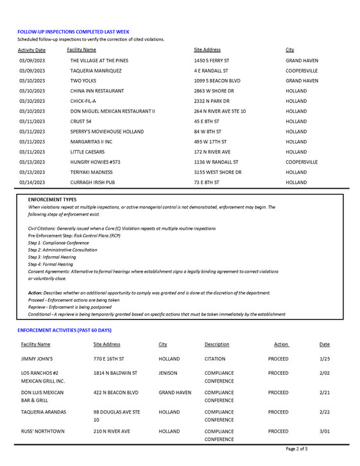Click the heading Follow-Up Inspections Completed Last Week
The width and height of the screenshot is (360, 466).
point(73,31)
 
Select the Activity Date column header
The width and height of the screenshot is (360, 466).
point(31,49)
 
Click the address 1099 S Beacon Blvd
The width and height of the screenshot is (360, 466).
point(217,81)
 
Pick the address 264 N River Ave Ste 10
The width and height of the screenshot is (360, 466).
point(219,111)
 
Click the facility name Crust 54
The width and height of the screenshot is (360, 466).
point(81,121)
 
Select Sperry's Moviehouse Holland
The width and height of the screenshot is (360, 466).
point(107,132)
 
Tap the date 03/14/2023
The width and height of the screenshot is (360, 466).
point(32,182)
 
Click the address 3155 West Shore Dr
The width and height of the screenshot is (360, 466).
point(218,172)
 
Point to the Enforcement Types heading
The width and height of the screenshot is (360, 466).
point(52,200)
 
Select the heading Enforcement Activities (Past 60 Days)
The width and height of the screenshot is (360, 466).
point(64,330)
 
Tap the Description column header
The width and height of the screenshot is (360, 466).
point(217,345)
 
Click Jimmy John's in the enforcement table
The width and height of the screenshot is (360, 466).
point(37,359)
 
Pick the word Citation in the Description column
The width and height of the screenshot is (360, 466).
point(215,359)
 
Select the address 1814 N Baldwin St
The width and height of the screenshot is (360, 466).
point(115,373)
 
